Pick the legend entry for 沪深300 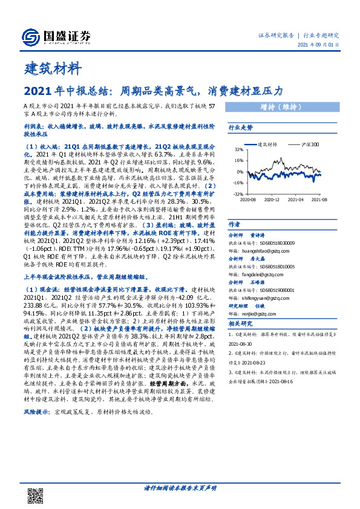(x=311, y=144)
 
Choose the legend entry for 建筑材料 (x=267, y=144)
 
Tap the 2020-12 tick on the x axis (x=272, y=199)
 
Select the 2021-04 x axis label (x=296, y=199)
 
